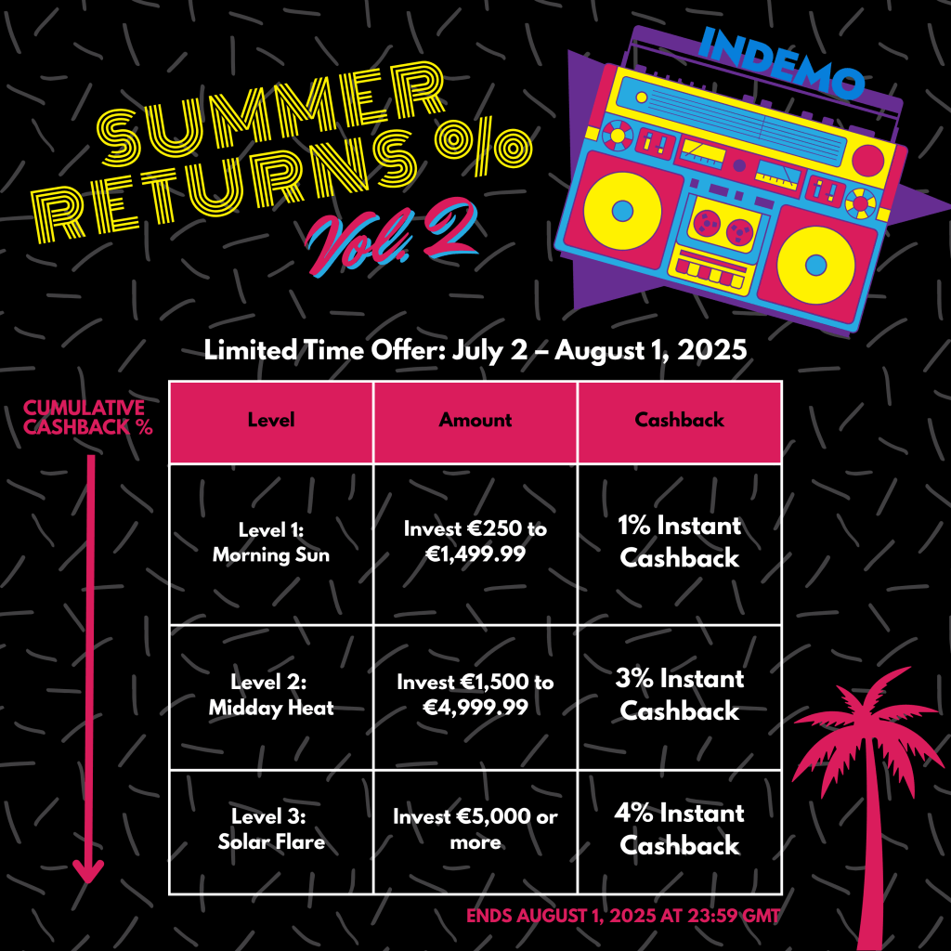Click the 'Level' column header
coord(271,420)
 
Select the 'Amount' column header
coord(475,420)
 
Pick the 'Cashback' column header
coord(679,420)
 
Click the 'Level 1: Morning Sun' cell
coord(271,542)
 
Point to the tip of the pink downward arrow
coord(88,883)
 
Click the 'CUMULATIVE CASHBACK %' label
coord(87,417)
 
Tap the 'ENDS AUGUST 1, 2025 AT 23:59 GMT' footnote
coord(623,916)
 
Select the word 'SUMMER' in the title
coord(270,113)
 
